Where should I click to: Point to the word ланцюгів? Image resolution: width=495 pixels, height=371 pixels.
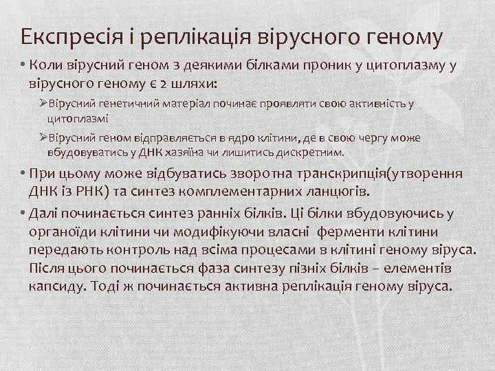point(339,189)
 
